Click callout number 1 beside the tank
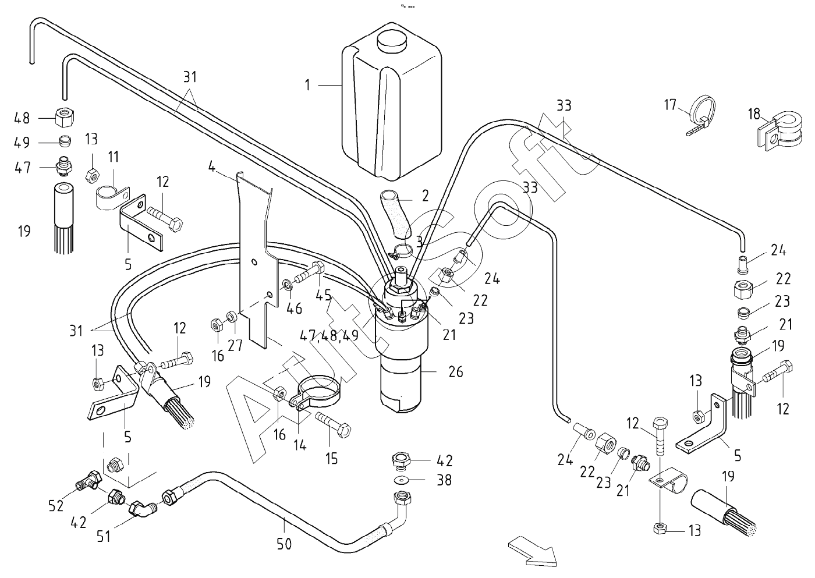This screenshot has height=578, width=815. [307, 85]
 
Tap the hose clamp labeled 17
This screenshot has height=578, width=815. [702, 114]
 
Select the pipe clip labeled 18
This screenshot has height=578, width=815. [777, 133]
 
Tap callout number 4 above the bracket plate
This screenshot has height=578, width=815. [212, 168]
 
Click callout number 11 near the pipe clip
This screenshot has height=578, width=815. [113, 157]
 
